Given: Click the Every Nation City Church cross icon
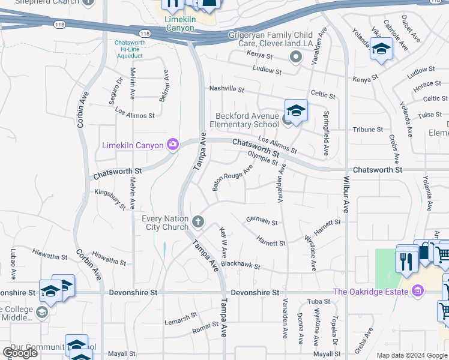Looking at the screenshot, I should click(198, 223).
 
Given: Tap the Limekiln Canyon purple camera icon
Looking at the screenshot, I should click(173, 144).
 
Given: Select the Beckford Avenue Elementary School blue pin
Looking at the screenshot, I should click(296, 110).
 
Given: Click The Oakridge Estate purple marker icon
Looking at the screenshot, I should click(418, 292).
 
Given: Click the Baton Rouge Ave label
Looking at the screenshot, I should click(232, 178).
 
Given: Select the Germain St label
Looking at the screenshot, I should click(262, 222).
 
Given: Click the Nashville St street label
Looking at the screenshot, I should click(226, 89).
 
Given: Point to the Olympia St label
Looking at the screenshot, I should click(263, 158).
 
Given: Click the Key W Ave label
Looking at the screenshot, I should click(223, 242).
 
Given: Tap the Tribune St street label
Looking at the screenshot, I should click(367, 129).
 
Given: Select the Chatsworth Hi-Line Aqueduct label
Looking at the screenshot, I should click(129, 49).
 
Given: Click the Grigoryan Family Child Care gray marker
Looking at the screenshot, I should click(295, 58).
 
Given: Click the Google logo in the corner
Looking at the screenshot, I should click(20, 353).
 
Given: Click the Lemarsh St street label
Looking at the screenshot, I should click(181, 316).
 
